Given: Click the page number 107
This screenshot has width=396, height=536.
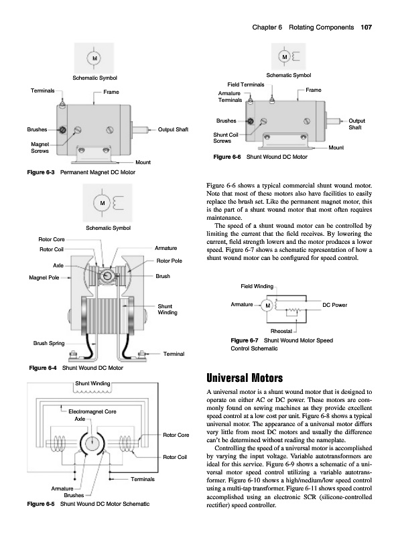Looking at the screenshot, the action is point(366,27).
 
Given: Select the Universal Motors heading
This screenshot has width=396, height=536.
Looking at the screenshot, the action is point(245,378).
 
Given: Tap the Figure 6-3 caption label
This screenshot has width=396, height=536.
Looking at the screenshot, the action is point(41,172).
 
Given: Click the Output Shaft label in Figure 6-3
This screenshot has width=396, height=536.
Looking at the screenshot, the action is point(173,129).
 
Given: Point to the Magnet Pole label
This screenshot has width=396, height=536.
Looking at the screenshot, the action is point(44,277).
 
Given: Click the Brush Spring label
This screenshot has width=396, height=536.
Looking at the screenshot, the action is point(49,343).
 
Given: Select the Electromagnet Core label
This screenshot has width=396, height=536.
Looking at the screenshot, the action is point(92,411).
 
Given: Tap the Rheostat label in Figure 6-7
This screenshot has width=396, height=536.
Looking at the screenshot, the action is point(281,331).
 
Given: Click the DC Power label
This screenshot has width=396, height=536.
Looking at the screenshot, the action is point(335,305).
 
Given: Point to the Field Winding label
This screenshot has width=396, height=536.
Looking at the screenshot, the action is point(257,286).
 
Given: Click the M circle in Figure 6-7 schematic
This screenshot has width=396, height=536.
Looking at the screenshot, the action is point(268,306).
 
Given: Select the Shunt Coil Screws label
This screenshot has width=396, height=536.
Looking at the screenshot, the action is point(226,138).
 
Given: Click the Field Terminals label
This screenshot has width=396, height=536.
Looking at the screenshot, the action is point(246,84).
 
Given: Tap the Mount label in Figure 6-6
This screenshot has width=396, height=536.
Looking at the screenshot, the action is point(336,147).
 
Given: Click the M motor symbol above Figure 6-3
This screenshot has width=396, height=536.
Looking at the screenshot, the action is point(94,58).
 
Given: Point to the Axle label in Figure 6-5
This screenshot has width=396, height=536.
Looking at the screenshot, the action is point(80,419).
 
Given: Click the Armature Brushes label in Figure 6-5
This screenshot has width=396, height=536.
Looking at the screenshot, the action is point(68,492).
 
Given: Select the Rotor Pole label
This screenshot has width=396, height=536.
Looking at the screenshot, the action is point(170,261).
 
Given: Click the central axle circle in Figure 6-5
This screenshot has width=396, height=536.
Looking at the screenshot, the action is point(92,444).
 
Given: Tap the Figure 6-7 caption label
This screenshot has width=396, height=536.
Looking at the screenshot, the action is point(245,340).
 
